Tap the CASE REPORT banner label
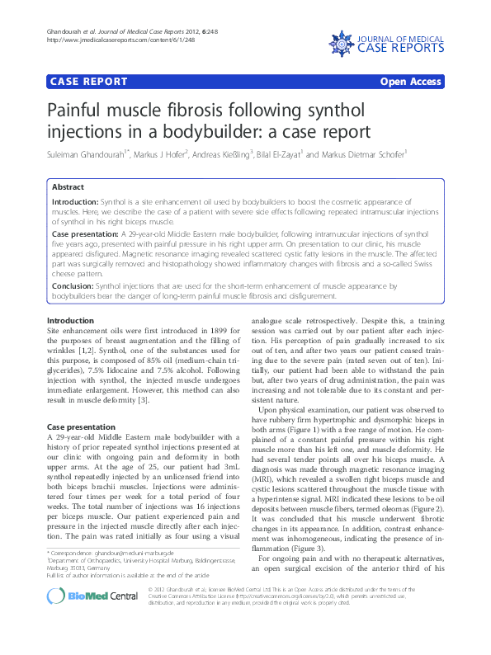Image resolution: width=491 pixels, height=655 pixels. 89,82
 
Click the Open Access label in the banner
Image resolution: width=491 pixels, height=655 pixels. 410,82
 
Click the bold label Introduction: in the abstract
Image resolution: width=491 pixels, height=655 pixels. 75,202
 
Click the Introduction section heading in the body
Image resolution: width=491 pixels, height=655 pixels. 70,320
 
